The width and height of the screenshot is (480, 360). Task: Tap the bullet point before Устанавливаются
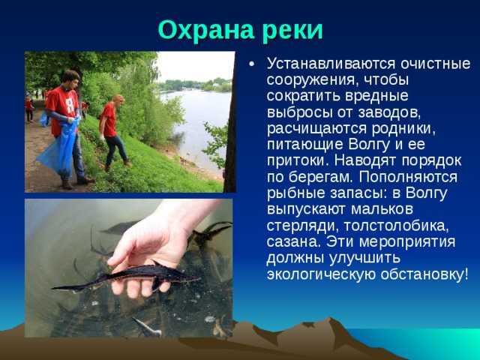252,64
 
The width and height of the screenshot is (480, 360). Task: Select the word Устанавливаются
331,64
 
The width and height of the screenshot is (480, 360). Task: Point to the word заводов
389,112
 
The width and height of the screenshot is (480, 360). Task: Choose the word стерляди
302,226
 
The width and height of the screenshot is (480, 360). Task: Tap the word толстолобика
397,226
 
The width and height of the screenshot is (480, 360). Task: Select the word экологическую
321,274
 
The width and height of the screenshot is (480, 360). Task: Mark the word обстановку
424,273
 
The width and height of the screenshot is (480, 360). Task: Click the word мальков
382,209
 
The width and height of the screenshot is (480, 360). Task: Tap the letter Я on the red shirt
70,105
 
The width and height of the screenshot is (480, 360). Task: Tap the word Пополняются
408,177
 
